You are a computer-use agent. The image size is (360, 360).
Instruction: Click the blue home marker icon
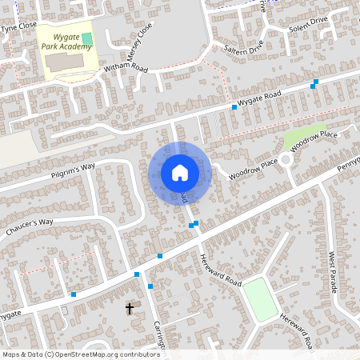coord(180,173)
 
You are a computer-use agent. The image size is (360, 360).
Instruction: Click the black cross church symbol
coord(130,308)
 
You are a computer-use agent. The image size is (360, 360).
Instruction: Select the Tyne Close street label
coord(18,26)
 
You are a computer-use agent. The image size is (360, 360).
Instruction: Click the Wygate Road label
coord(262,98)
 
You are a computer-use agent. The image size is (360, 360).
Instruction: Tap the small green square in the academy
coord(86,38)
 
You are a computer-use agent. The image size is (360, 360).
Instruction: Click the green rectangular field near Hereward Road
coord(260,298)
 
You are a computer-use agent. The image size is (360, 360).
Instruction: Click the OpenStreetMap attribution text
coord(81,354)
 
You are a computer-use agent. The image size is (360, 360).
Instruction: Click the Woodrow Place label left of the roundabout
coord(253,169)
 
